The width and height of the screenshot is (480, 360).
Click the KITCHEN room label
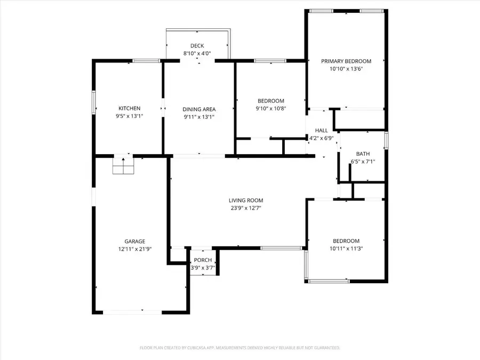129,108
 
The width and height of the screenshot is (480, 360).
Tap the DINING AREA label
199,109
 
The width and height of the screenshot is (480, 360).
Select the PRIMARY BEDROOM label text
346,61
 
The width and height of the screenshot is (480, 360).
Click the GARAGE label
131,241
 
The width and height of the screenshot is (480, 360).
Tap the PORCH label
203,260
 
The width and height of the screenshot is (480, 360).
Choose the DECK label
197,46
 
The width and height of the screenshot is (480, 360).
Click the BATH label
363,154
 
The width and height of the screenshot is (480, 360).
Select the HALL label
322,130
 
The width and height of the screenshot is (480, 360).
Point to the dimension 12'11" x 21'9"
131,249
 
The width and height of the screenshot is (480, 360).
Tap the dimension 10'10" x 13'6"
346,69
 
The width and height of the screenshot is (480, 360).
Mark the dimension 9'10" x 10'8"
270,108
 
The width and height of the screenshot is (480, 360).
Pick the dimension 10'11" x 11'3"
346,248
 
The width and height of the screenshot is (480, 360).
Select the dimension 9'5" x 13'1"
129,116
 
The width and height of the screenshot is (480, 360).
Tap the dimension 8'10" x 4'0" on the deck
197,53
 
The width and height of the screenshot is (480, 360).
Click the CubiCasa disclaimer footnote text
239,348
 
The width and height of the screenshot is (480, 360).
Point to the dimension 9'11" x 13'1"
199,117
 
